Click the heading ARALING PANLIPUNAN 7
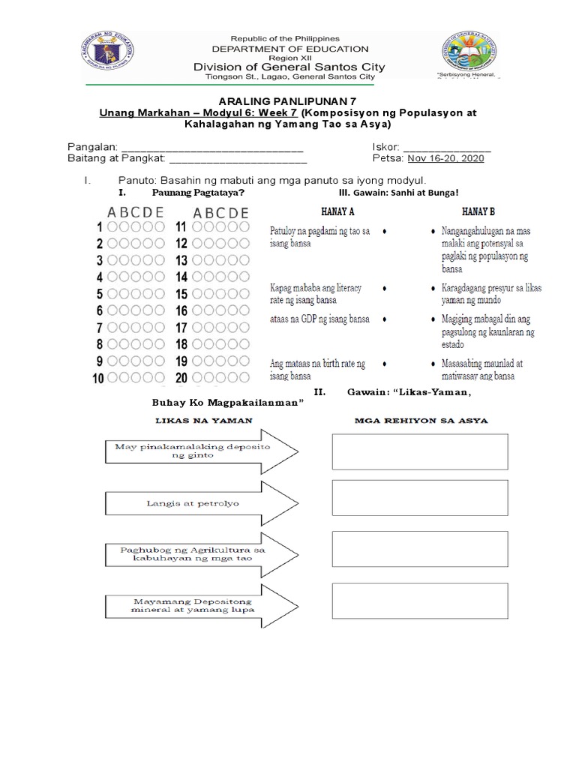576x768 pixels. (287, 100)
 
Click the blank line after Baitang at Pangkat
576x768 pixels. (238, 158)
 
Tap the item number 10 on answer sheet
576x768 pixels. (97, 379)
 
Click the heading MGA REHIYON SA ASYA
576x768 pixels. (421, 420)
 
